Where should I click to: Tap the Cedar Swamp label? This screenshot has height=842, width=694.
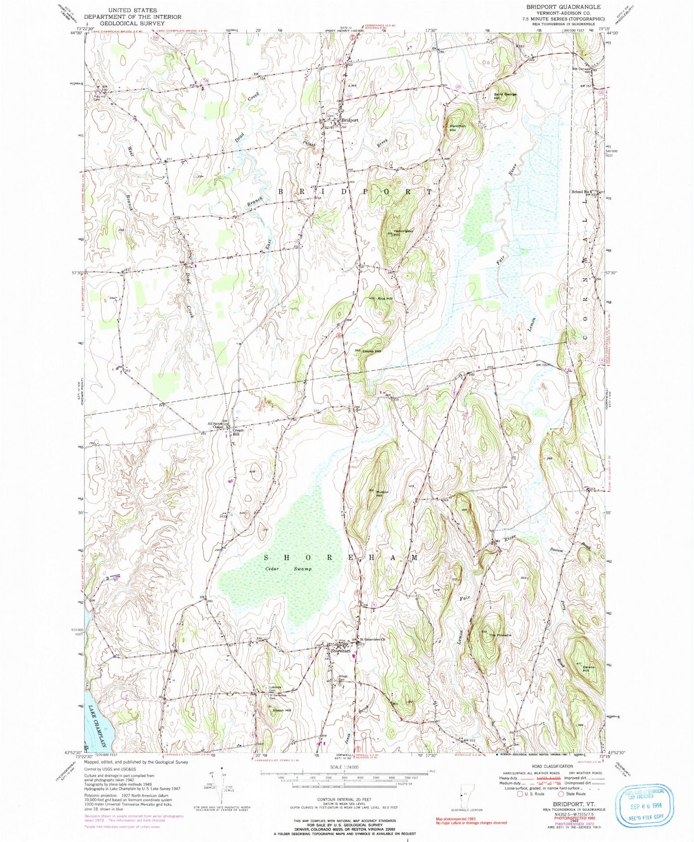(x=288, y=569)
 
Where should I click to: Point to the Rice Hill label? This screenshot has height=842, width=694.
(x=385, y=299)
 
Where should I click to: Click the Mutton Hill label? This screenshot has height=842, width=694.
(x=382, y=494)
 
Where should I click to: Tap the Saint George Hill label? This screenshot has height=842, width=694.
(x=505, y=96)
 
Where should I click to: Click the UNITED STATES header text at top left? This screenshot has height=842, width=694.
(x=133, y=10)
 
